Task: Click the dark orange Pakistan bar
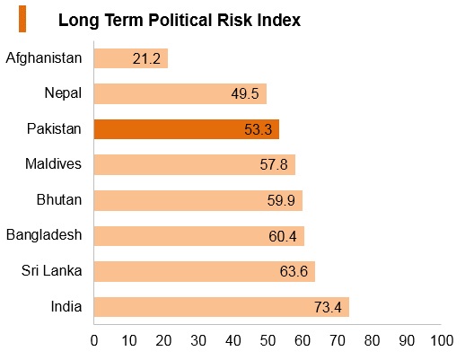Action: (187, 129)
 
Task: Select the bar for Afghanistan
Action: (131, 58)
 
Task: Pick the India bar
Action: (222, 307)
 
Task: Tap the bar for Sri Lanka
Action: (205, 271)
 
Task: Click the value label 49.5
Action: (245, 94)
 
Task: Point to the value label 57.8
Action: (274, 164)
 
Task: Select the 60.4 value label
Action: (283, 236)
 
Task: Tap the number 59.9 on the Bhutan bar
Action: (281, 200)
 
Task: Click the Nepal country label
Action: (63, 93)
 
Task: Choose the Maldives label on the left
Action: (53, 164)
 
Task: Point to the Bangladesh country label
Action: (44, 235)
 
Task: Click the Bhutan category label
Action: (59, 199)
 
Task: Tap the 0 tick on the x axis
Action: (94, 341)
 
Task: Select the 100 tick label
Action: (442, 341)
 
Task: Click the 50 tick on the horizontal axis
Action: (268, 341)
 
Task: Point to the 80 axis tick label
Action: (372, 341)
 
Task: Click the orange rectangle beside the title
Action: (22, 19)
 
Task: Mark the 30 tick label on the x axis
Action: (198, 341)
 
